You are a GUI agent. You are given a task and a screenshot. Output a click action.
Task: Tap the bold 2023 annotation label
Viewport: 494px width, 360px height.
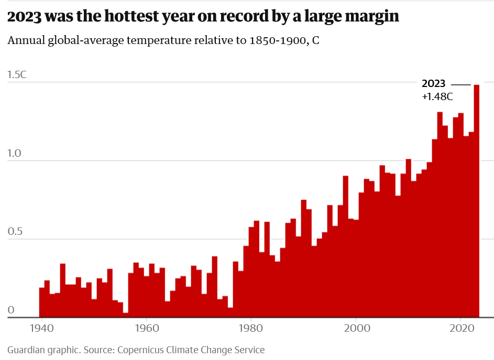tap(434, 83)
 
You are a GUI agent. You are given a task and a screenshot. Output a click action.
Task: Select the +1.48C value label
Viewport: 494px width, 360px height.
tap(437, 96)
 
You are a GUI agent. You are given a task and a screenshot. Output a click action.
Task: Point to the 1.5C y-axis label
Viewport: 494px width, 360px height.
tap(17, 75)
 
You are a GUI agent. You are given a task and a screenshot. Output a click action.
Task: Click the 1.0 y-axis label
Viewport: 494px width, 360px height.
tap(14, 153)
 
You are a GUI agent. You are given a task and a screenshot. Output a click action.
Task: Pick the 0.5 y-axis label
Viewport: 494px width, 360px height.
tap(15, 232)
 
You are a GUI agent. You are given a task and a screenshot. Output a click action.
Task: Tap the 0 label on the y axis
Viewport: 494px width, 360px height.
tap(11, 310)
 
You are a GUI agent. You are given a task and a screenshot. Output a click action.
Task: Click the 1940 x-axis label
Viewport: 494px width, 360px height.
tap(41, 328)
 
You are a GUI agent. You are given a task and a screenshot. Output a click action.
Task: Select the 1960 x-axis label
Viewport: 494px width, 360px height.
tap(147, 328)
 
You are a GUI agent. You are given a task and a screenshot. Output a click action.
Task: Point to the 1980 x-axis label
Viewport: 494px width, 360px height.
tap(251, 328)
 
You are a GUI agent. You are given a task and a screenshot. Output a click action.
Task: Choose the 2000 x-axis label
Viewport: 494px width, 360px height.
tap(357, 328)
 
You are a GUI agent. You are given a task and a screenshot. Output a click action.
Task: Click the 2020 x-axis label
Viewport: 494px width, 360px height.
tap(462, 328)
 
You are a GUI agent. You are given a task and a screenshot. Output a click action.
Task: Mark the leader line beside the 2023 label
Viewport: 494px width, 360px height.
tap(460, 85)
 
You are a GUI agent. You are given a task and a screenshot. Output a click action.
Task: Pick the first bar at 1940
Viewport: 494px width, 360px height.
tap(41, 302)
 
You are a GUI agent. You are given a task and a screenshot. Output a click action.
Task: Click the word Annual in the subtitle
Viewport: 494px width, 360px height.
tap(26, 40)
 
